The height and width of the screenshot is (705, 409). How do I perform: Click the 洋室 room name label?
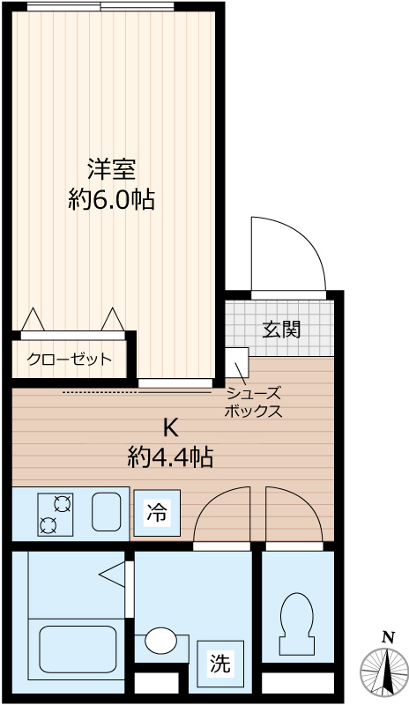click(111, 167)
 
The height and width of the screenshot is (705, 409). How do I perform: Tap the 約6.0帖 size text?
click(111, 200)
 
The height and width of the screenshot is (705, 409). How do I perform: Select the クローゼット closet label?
click(70, 360)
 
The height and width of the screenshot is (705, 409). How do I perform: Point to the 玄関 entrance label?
click(281, 330)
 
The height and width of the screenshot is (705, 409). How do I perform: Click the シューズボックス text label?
click(253, 403)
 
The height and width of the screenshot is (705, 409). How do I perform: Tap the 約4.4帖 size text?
click(170, 457)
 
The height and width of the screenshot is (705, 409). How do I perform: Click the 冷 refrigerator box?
click(156, 514)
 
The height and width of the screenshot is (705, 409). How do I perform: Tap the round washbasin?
click(160, 641)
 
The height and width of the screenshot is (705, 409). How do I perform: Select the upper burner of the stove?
click(62, 504)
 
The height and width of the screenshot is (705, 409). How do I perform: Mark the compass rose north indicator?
click(386, 670)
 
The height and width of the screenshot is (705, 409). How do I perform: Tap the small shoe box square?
click(235, 361)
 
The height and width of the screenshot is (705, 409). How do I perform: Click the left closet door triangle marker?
click(33, 320)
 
